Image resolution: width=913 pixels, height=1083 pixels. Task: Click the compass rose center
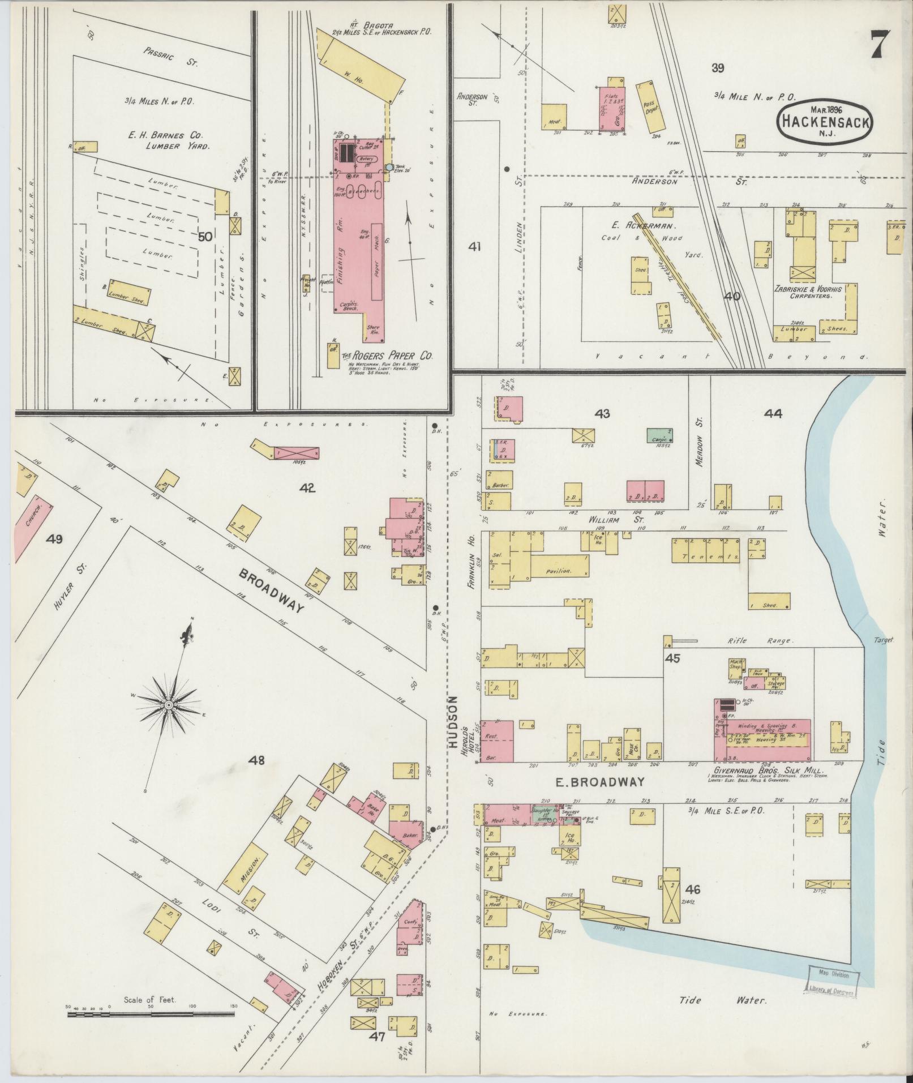(x=168, y=705)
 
